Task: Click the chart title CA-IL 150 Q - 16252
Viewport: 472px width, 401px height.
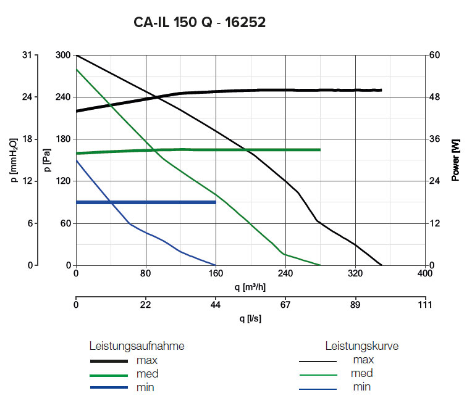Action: (x=200, y=23)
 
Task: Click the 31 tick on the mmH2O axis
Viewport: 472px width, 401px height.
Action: (x=27, y=55)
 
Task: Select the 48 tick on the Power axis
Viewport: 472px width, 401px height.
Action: (x=436, y=97)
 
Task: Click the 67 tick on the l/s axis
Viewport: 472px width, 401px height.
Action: (x=285, y=304)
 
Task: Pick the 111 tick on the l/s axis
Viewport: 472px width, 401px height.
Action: (x=425, y=304)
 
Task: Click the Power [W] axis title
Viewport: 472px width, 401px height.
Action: (x=456, y=160)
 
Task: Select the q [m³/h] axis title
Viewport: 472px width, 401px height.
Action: (x=250, y=287)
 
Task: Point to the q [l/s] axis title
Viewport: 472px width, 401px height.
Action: (x=250, y=318)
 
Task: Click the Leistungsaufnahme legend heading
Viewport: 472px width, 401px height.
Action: (x=137, y=346)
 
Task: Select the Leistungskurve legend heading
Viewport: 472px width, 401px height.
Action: (x=362, y=346)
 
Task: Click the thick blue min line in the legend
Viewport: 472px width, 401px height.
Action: (x=109, y=388)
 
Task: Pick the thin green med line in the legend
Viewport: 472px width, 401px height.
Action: (x=318, y=374)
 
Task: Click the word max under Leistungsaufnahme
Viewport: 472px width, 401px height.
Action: (x=146, y=360)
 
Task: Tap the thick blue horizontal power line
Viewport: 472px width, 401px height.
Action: (x=145, y=202)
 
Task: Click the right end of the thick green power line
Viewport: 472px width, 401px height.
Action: (x=319, y=149)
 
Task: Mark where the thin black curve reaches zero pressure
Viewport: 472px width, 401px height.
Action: (x=382, y=265)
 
